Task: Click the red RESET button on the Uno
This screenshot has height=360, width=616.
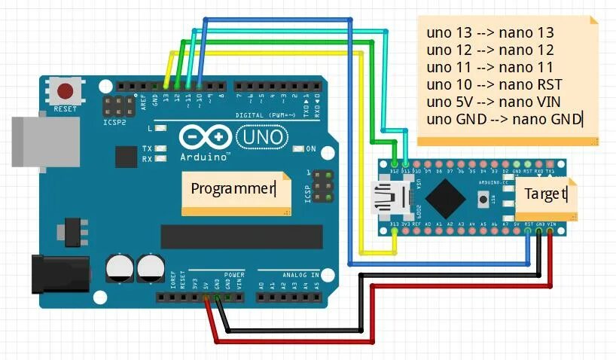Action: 66,92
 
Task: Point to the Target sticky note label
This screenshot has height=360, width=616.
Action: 545,195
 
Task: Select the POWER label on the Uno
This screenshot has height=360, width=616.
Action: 234,275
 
